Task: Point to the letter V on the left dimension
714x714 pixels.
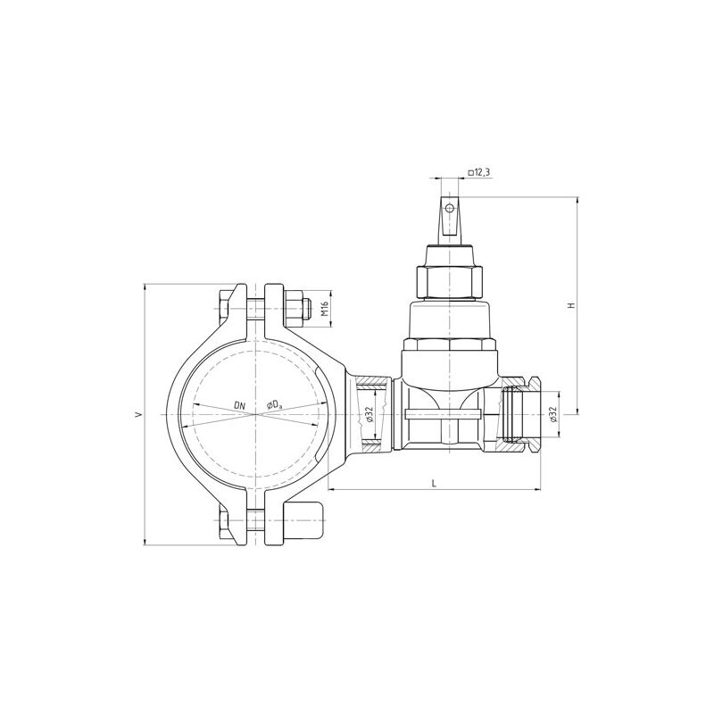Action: [x=137, y=414]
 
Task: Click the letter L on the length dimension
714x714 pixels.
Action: [x=434, y=483]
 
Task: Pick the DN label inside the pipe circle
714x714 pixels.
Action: [x=239, y=406]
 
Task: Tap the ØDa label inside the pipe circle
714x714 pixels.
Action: [x=274, y=406]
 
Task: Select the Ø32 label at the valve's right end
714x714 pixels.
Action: [x=552, y=414]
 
